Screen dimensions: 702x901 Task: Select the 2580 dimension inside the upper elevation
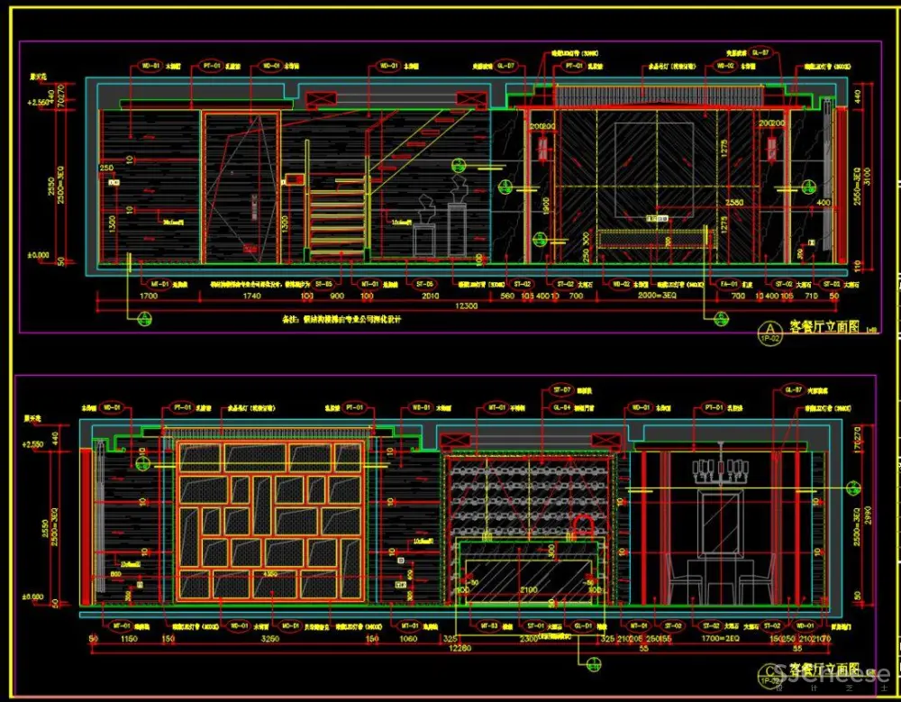click(x=734, y=204)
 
